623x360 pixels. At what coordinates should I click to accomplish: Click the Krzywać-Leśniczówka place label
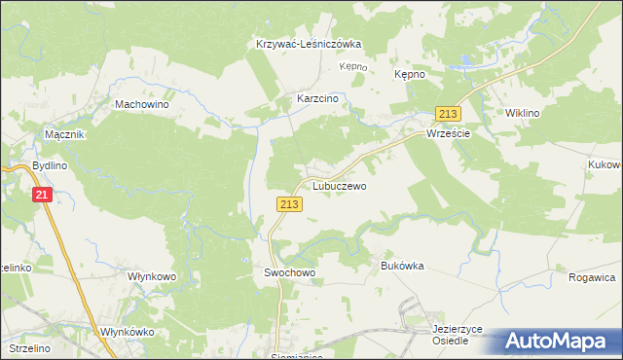click(309, 44)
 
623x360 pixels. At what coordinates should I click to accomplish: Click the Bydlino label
click(49, 165)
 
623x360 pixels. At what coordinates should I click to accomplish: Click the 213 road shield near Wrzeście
click(448, 114)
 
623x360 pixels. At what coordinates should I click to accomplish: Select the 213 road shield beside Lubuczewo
click(289, 203)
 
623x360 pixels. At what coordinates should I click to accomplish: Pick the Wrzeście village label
click(448, 134)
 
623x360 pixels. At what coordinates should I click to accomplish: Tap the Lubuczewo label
click(339, 185)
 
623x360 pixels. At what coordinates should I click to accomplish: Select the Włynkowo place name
click(152, 276)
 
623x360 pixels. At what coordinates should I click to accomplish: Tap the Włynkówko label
click(128, 331)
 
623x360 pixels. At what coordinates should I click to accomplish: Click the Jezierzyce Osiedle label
click(458, 336)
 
